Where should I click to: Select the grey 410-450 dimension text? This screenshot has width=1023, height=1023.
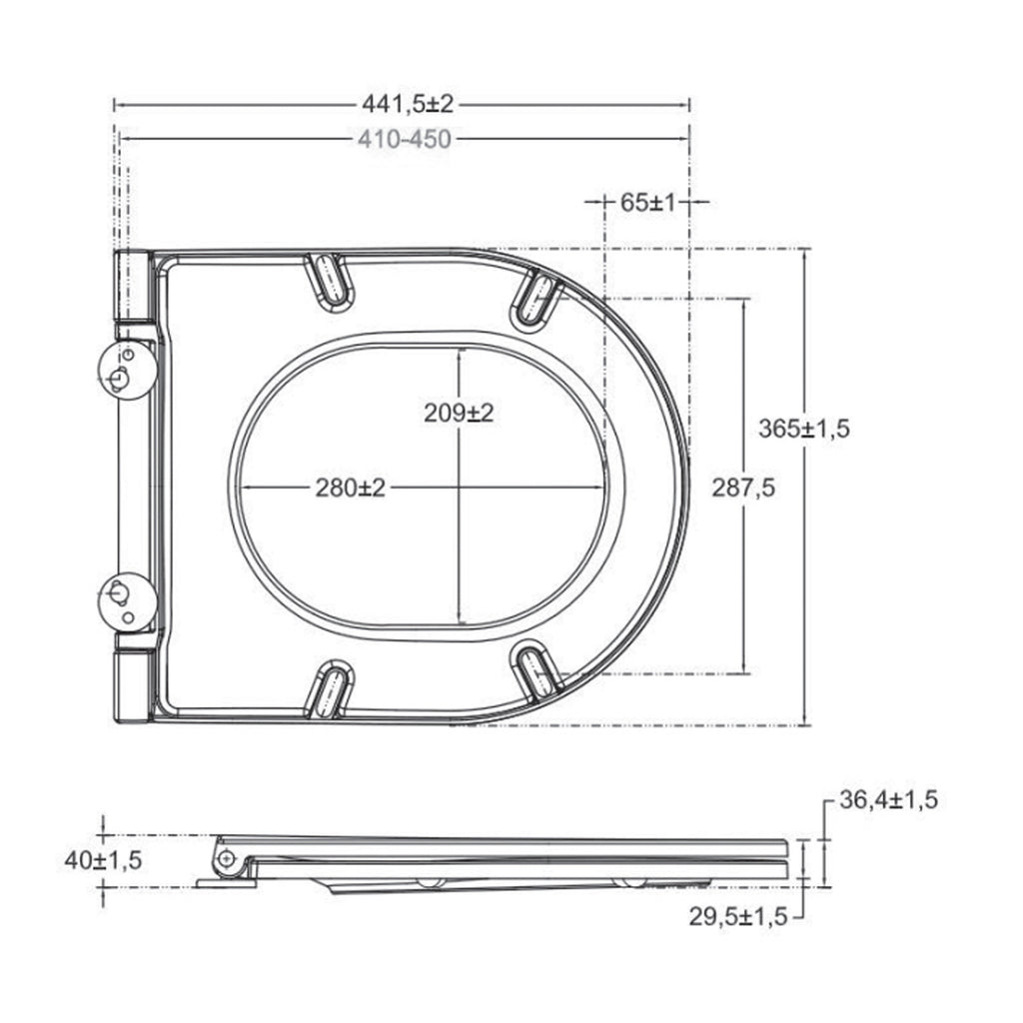[x=404, y=139]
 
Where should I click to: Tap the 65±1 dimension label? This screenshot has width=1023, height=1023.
[x=648, y=202]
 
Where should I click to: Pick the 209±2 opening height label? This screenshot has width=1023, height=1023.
[x=459, y=412]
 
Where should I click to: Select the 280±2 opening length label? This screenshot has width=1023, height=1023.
[x=350, y=488]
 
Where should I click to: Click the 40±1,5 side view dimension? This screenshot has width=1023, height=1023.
[x=104, y=859]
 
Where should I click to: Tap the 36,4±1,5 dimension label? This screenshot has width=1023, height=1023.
[x=888, y=800]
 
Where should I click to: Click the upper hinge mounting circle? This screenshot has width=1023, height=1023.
[x=125, y=371]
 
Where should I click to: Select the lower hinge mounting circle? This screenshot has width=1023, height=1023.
[x=125, y=601]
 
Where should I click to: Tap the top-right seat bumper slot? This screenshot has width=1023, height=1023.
[x=536, y=298]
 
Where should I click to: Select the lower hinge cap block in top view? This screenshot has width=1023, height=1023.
[x=133, y=685]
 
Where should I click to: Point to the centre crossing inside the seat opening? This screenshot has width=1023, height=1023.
[x=458, y=488]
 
